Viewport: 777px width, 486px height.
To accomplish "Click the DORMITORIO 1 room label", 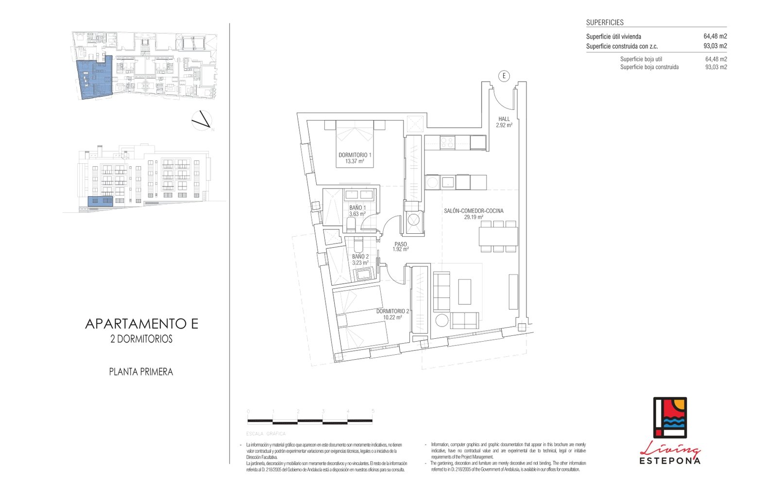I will pyautogui.click(x=355, y=155).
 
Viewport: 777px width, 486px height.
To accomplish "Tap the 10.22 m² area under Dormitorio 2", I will pyautogui.click(x=392, y=317).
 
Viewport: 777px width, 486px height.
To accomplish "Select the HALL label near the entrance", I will pyautogui.click(x=504, y=119).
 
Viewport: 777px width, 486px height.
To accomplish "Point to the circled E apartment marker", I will pyautogui.click(x=504, y=76).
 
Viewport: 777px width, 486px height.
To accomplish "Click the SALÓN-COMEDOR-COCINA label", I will pyautogui.click(x=473, y=211).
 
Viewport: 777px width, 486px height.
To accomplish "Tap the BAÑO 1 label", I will pyautogui.click(x=357, y=208).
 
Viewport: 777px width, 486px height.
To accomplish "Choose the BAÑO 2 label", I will pyautogui.click(x=360, y=257).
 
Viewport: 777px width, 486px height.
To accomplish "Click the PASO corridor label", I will pyautogui.click(x=401, y=244).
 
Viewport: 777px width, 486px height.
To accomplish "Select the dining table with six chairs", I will pyautogui.click(x=498, y=237).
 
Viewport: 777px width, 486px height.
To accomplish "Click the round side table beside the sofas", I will pyautogui.click(x=441, y=320).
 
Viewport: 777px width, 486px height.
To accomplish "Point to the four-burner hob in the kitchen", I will pyautogui.click(x=447, y=142).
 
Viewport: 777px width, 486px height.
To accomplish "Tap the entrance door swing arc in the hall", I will pyautogui.click(x=505, y=100).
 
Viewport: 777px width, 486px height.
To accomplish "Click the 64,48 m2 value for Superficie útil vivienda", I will pyautogui.click(x=715, y=36).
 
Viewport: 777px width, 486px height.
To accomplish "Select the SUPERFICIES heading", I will pyautogui.click(x=605, y=22).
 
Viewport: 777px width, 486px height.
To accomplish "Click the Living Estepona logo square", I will pyautogui.click(x=670, y=417).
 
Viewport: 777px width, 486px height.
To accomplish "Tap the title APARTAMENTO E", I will pyautogui.click(x=141, y=324).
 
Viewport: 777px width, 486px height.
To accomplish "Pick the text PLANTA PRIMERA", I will pyautogui.click(x=141, y=372).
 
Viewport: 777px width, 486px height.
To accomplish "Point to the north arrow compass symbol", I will pyautogui.click(x=202, y=121).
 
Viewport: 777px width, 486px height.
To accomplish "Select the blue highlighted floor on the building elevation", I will pyautogui.click(x=100, y=201).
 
